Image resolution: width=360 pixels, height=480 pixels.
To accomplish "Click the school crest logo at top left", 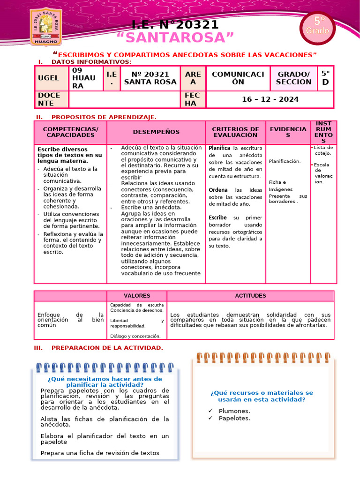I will click(x=45, y=27).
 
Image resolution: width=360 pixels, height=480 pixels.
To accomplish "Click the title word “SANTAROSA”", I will click(x=175, y=37).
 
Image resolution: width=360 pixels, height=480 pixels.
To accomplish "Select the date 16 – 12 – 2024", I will click(x=270, y=99).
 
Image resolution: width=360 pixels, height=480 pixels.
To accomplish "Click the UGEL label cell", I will click(x=52, y=78).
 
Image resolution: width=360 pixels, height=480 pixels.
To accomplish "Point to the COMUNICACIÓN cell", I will click(x=238, y=78).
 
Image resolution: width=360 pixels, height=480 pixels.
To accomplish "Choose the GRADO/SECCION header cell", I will click(x=294, y=78).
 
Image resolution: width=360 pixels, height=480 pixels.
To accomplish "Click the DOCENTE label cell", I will click(x=52, y=99).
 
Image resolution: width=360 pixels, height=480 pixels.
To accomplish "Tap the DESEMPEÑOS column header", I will click(x=156, y=132).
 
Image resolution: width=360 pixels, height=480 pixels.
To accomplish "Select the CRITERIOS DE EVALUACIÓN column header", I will click(x=235, y=132).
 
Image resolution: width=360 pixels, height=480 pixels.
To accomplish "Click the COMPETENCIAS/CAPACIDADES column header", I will click(x=70, y=132).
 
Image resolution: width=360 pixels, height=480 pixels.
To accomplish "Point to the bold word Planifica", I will click(x=219, y=148).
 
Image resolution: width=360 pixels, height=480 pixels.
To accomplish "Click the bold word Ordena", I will click(x=218, y=190).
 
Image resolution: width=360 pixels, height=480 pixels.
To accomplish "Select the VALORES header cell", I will click(x=137, y=296).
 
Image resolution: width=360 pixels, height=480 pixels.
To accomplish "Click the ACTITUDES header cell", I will click(x=250, y=296).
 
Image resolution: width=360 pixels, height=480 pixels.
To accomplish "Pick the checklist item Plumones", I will click(x=234, y=411).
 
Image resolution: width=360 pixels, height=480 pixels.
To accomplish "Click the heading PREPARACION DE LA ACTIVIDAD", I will click(x=107, y=347).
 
